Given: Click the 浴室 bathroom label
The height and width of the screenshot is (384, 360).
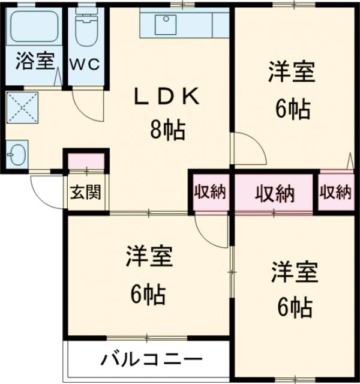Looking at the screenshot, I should point(35,61).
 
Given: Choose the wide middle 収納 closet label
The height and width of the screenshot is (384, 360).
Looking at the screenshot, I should point(274,193).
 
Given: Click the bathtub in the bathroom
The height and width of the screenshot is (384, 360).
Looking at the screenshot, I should point(34,28).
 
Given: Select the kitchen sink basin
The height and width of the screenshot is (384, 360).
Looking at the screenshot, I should point(164,25).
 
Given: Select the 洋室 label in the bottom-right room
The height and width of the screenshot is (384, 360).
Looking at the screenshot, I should point(293,273).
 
